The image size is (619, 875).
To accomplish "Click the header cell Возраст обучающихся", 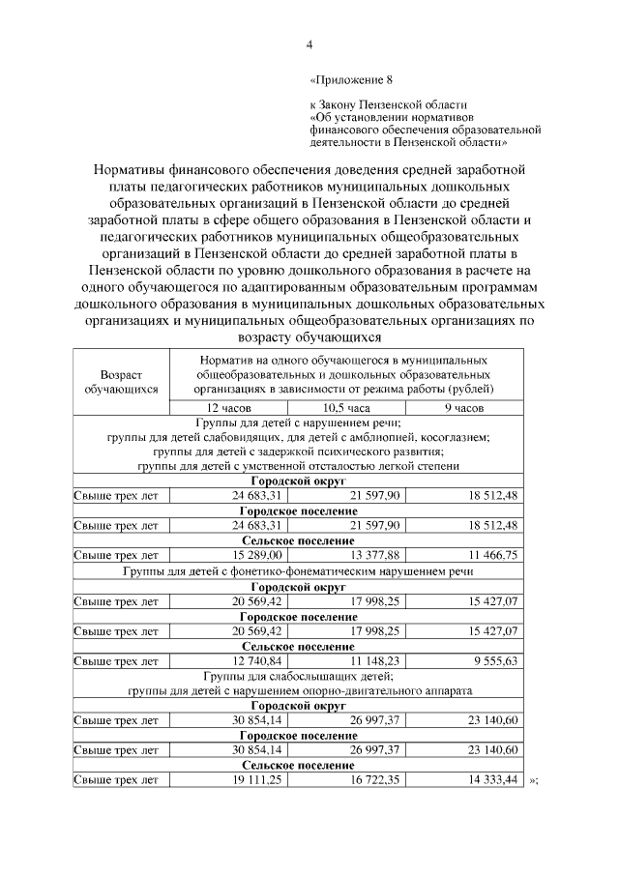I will pos(121,381).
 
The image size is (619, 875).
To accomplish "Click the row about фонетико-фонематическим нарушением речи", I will pos(298,571).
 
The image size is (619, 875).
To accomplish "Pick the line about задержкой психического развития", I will pos(298,452).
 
